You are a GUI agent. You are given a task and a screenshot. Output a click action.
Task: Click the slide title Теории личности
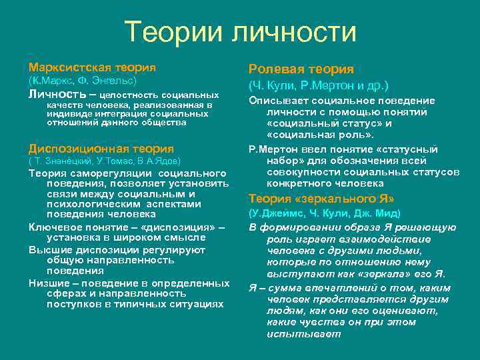[240, 31]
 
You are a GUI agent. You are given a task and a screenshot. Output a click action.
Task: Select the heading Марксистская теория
[92, 67]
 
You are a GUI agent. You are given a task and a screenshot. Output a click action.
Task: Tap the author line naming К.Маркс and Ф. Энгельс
[82, 81]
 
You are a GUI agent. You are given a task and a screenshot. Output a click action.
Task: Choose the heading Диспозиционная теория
[101, 149]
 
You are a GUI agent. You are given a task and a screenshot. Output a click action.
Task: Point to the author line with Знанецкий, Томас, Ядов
[104, 161]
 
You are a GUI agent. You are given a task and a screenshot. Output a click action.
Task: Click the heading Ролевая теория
[301, 69]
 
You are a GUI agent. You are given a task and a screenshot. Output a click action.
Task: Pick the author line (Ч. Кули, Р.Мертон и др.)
[319, 86]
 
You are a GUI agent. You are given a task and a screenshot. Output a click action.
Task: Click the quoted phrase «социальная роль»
[315, 134]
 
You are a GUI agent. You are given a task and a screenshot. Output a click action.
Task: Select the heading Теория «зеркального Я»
[321, 198]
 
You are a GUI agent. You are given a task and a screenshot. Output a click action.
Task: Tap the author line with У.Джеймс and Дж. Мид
[324, 213]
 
